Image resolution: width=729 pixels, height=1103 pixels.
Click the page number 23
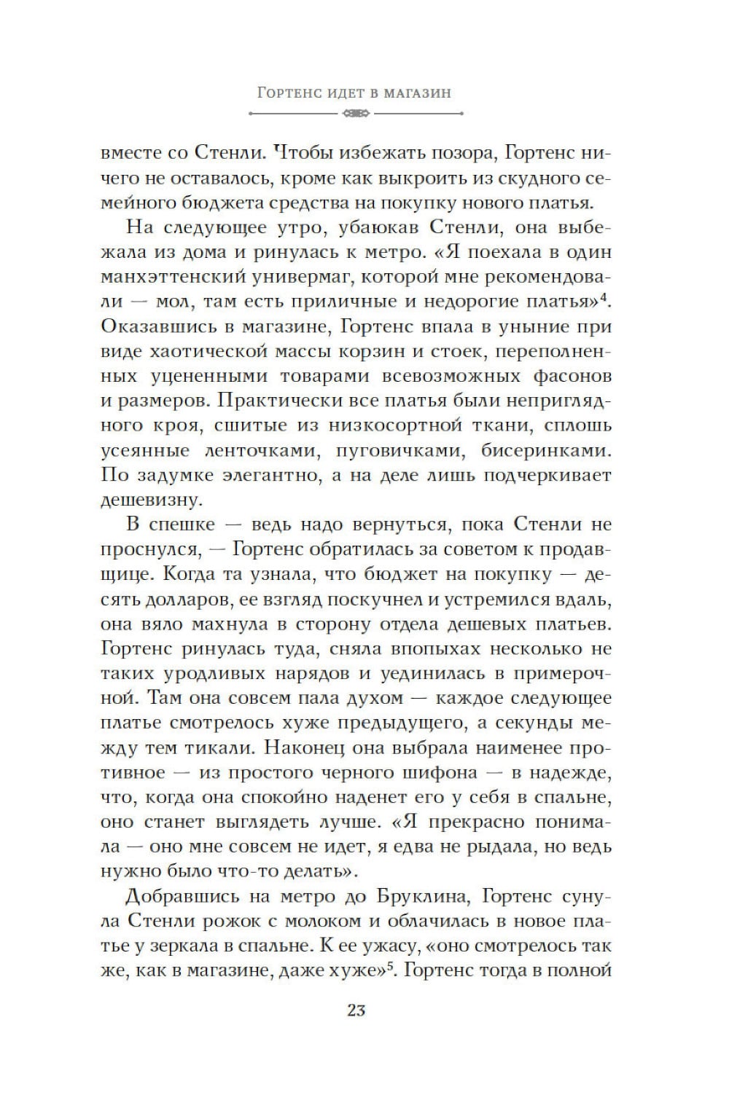click(x=356, y=1010)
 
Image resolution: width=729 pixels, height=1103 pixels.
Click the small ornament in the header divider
click(x=356, y=114)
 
